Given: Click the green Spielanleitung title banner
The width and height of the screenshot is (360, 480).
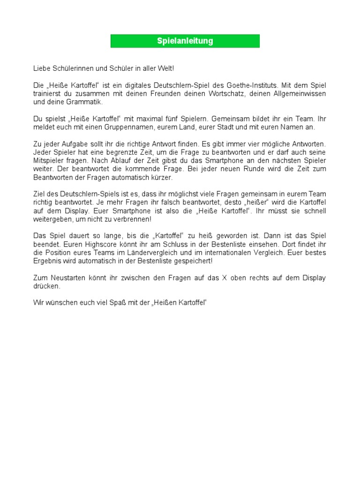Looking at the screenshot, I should click(185, 41).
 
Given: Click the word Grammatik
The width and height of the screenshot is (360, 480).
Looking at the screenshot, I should click(86, 102).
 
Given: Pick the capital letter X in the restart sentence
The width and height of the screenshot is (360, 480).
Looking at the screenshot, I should click(225, 278).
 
